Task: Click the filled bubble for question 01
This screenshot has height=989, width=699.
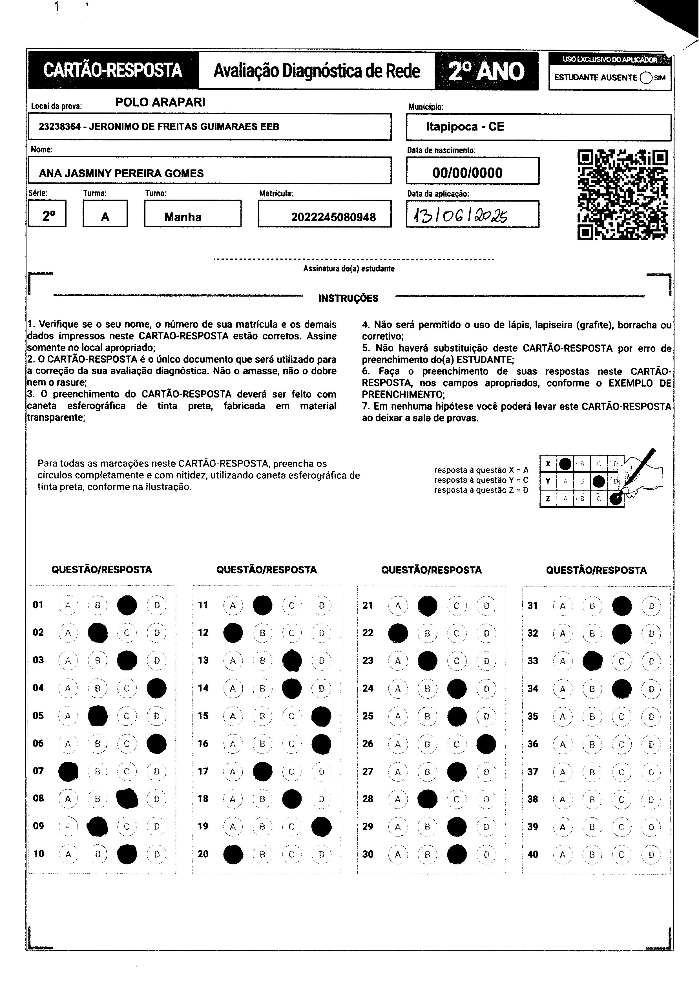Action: click(x=127, y=605)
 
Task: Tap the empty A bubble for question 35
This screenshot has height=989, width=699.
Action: click(x=563, y=716)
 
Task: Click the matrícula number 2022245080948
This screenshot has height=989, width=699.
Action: click(x=333, y=217)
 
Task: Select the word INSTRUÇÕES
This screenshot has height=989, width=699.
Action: click(x=348, y=298)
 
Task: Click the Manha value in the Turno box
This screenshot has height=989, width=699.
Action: click(x=183, y=217)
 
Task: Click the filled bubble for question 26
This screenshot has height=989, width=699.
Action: click(x=486, y=744)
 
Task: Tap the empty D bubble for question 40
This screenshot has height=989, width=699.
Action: click(x=651, y=855)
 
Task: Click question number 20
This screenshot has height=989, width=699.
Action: click(x=203, y=854)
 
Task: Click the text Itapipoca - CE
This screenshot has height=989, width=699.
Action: click(x=465, y=127)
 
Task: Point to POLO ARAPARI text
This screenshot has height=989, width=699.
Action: click(x=160, y=102)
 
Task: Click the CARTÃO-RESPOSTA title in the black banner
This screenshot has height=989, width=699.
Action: click(x=113, y=70)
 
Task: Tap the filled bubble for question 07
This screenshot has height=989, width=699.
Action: click(x=68, y=771)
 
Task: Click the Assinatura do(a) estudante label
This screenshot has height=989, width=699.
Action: click(x=349, y=268)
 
